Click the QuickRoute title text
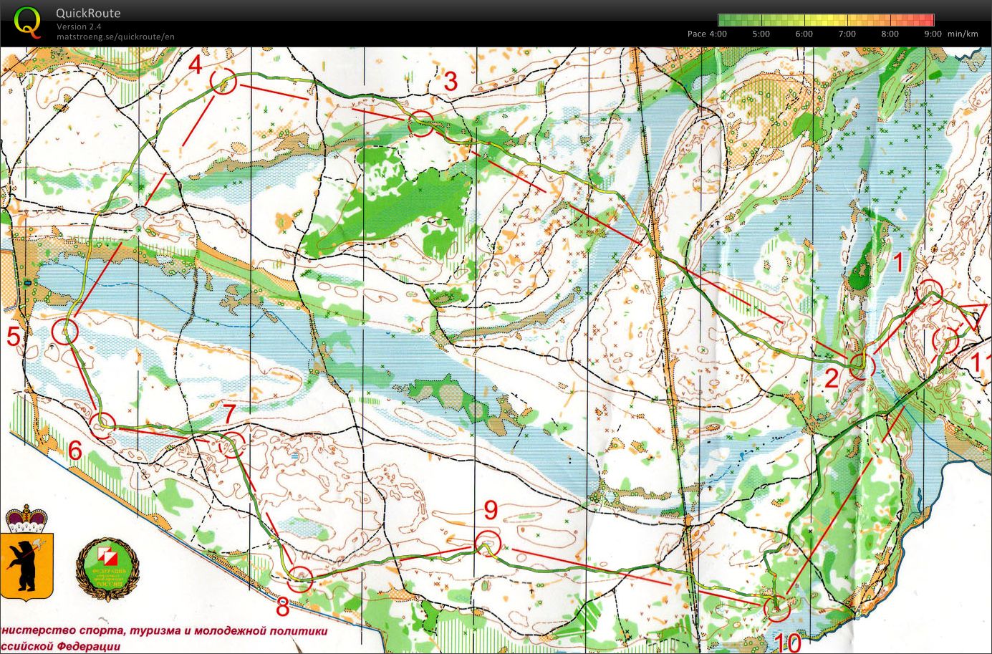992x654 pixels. [x=89, y=13]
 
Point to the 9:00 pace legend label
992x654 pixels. [x=933, y=34]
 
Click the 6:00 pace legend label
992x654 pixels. [x=804, y=34]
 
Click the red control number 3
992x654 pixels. [x=450, y=82]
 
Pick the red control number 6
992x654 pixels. [x=75, y=451]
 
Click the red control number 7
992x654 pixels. [x=228, y=413]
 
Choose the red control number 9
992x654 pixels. [x=491, y=510]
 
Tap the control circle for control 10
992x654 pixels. [x=776, y=608]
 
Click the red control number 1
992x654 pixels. [x=897, y=263]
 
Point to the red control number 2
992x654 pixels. [x=831, y=378]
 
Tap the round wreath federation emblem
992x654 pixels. [x=107, y=566]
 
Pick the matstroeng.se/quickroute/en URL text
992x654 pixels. [x=115, y=37]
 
